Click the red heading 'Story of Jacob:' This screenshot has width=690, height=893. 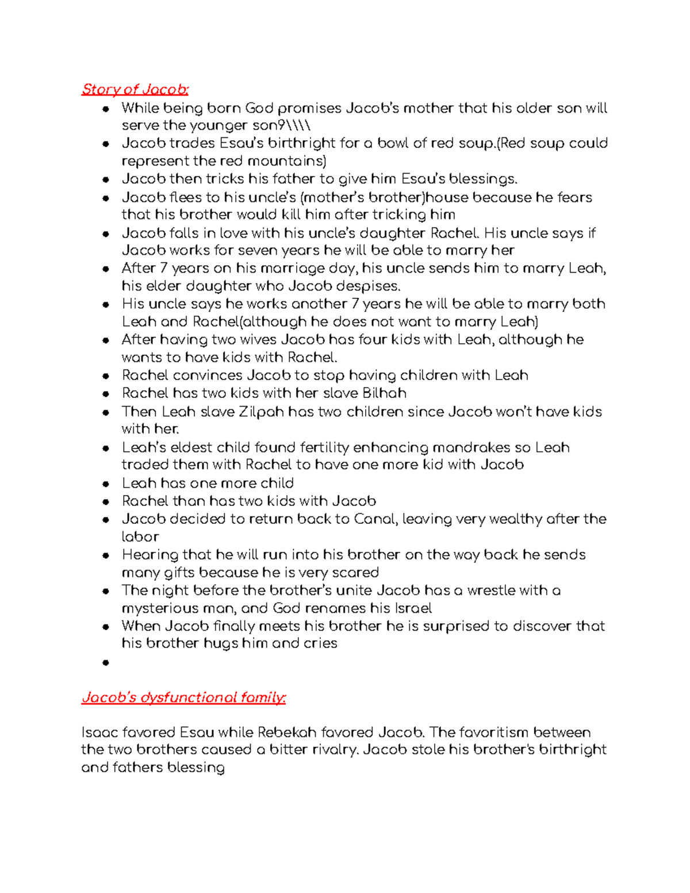(135, 89)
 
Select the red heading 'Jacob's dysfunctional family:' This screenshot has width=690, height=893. (183, 697)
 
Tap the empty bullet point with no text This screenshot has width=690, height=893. (105, 662)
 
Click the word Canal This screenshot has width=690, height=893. (375, 519)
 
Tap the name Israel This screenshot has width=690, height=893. (412, 608)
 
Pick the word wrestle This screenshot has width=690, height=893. (490, 591)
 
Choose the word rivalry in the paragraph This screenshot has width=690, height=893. (328, 750)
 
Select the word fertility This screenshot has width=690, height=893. (317, 447)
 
